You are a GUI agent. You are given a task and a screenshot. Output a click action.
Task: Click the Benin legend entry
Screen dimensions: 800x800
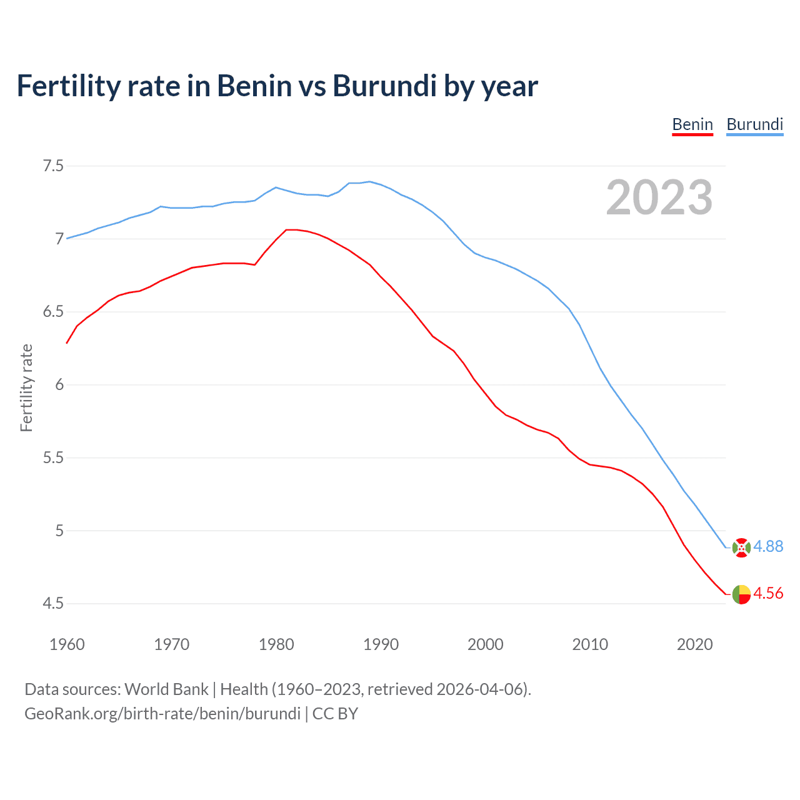pos(692,124)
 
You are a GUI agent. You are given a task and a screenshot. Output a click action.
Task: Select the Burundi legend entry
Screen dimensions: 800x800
pos(754,124)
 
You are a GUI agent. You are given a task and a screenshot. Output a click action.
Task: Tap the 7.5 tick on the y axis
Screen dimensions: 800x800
pos(53,166)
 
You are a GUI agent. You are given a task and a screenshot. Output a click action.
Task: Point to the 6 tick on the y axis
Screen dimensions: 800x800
pos(59,384)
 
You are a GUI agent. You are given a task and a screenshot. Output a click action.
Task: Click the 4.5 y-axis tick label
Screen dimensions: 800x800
pos(53,603)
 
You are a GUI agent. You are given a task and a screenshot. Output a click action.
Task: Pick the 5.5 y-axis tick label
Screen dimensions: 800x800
pos(53,457)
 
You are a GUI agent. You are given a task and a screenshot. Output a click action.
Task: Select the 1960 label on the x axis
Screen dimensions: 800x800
pos(67,644)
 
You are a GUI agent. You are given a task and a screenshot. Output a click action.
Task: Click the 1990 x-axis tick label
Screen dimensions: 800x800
pos(381,644)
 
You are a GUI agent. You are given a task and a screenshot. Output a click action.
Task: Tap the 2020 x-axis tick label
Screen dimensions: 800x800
pos(694,644)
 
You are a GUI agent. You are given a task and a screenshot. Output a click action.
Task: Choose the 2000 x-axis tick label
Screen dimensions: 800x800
pos(486,644)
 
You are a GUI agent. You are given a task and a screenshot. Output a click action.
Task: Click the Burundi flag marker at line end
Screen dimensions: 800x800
pos(741,547)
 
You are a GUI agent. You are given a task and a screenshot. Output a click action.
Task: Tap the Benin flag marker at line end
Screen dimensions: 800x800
pos(741,594)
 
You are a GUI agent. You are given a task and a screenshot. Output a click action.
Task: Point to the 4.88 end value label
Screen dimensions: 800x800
pos(768,546)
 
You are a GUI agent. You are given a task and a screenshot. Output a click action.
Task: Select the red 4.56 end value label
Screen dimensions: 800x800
pos(768,593)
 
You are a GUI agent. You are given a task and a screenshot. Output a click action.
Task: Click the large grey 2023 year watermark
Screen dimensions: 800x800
pos(659,197)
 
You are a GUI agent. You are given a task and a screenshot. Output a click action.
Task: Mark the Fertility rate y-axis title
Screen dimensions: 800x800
pos(26,387)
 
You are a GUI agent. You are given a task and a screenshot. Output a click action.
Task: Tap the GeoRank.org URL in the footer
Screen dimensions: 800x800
pos(162,714)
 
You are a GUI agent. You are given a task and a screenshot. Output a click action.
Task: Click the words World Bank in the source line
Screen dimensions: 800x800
pos(166,689)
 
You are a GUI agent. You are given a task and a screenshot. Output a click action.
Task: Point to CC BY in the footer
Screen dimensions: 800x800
pos(335,714)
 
